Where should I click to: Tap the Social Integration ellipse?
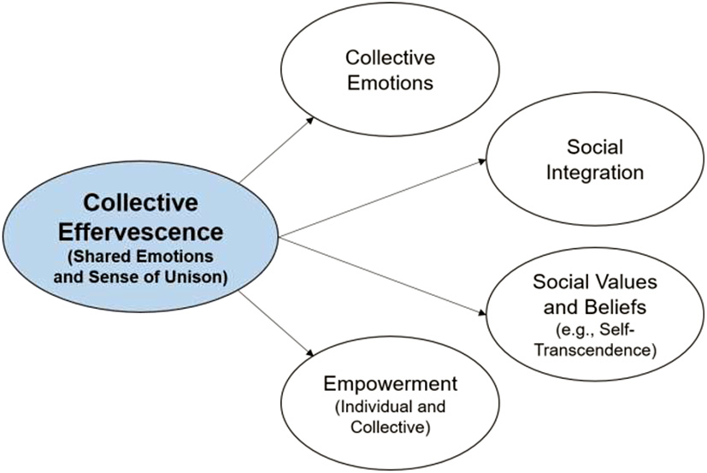(593, 161)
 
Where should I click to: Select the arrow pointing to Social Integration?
(385, 197)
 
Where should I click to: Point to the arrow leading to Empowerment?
(274, 321)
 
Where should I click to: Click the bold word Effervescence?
(142, 231)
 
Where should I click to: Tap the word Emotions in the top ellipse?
(390, 83)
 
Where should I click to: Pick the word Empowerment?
(390, 382)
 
